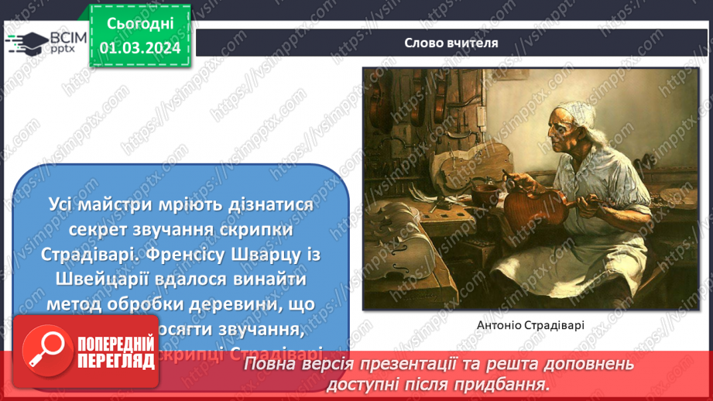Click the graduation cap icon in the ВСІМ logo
pyautogui.click(x=27, y=40)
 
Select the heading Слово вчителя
pyautogui.click(x=451, y=43)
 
